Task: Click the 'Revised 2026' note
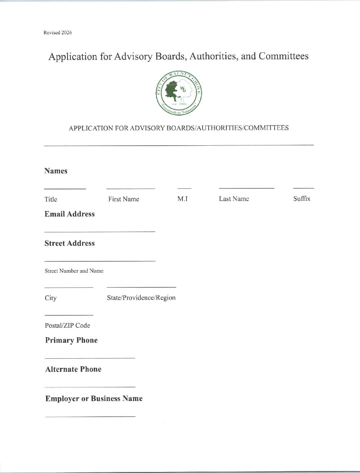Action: point(57,33)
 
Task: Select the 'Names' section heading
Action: point(56,171)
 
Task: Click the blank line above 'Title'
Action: point(65,189)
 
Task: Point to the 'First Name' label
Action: point(123,199)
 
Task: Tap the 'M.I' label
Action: point(183,199)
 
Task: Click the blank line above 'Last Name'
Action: point(246,188)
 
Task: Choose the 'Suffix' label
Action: point(302,199)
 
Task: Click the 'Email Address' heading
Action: point(69,214)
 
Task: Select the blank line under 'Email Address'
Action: point(99,231)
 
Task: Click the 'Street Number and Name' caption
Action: point(74,271)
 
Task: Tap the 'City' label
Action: point(51,298)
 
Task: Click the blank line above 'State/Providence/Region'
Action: point(141,287)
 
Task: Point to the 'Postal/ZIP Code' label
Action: point(67,325)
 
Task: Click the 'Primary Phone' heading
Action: point(71,340)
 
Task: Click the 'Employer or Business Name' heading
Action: point(94,399)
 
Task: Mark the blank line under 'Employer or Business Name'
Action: point(90,416)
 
